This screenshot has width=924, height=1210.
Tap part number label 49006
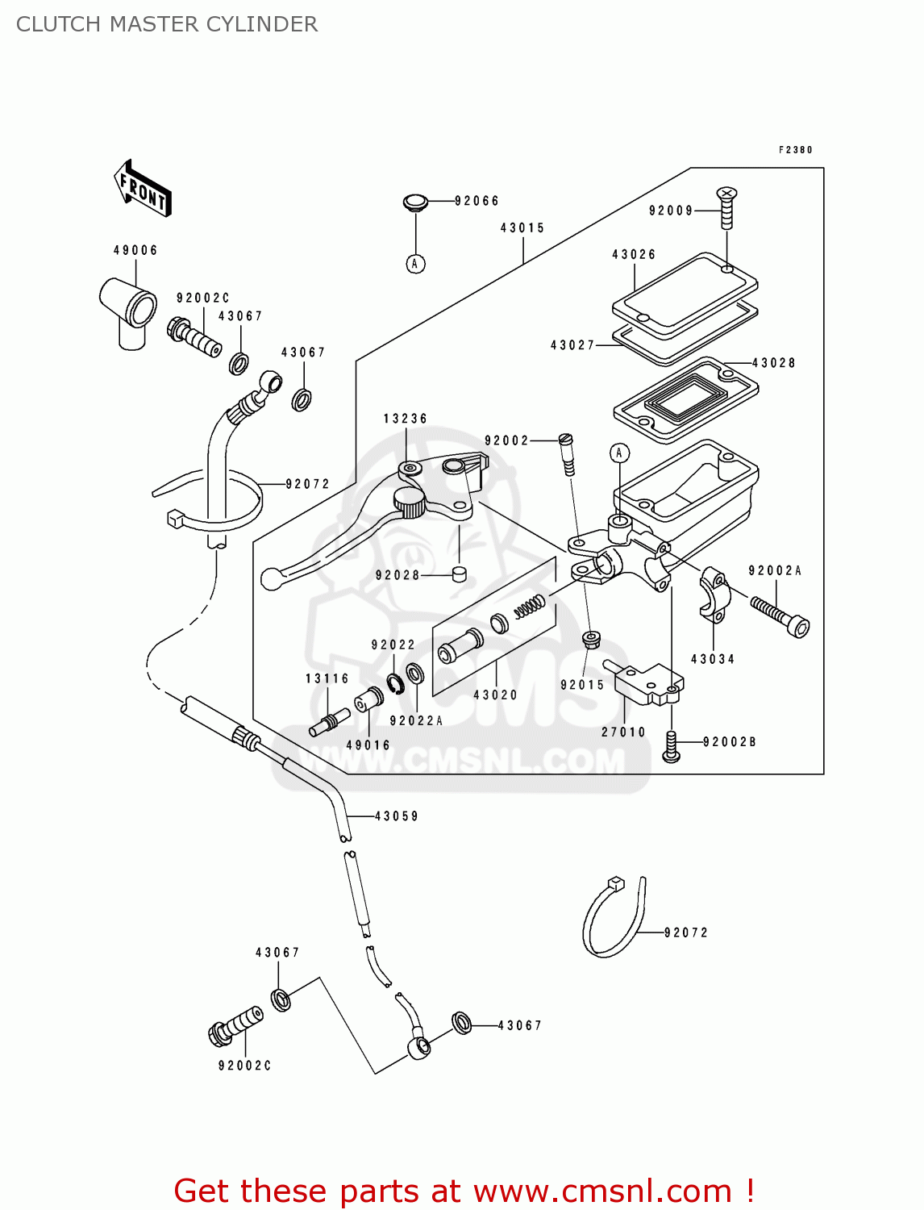point(135,250)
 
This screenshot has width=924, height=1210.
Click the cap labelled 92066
point(415,202)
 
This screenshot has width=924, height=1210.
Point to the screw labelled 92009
point(726,208)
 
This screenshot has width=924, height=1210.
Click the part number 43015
point(522,228)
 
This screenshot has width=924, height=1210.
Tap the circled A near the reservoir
point(619,453)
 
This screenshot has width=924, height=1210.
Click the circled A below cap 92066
point(415,264)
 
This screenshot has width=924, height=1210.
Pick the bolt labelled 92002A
point(780,615)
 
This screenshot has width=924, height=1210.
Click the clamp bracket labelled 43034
point(714,595)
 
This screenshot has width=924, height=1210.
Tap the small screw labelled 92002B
point(671,746)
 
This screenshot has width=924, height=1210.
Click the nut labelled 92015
point(591,640)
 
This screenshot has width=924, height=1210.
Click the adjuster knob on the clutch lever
point(410,504)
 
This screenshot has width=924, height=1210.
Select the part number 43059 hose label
point(396,816)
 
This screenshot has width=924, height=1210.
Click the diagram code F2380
point(795,150)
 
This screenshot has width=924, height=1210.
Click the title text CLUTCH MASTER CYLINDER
point(167,24)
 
